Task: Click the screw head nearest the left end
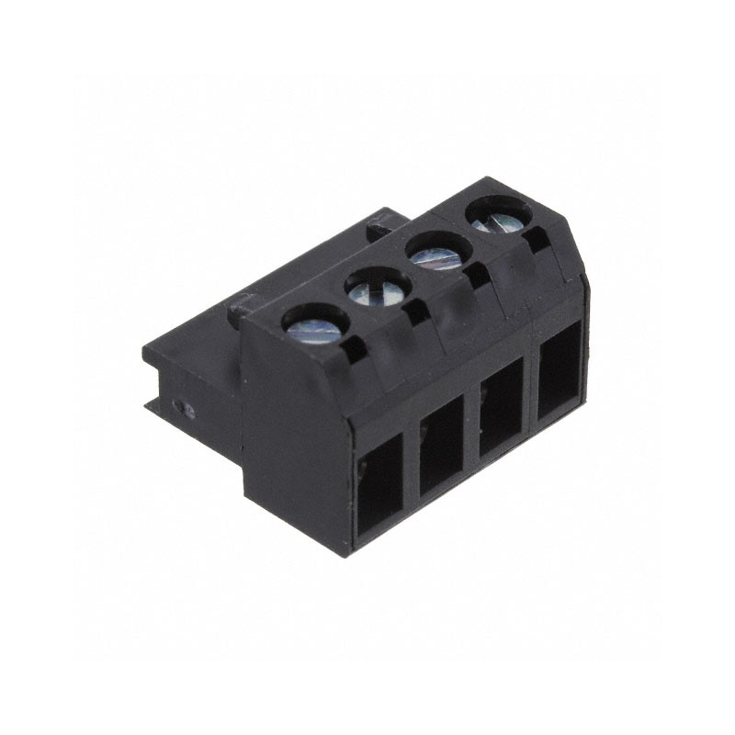pos(315,325)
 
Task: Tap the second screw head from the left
pos(377,289)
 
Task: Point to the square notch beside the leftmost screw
pos(355,346)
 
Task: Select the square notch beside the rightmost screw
pos(537,241)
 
